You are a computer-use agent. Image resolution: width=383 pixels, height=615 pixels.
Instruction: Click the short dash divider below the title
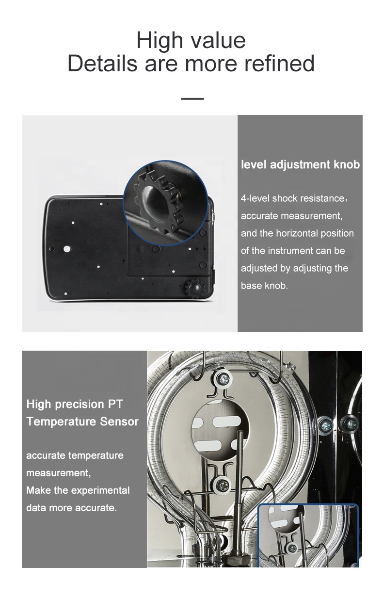point(192,98)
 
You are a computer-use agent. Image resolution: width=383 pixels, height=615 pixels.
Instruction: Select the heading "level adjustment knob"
point(300,164)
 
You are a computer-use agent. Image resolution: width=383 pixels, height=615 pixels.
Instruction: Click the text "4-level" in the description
point(255,198)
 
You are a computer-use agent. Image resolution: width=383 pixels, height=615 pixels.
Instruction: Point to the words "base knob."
point(264,286)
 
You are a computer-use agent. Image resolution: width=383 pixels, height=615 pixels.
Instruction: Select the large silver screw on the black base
point(67,249)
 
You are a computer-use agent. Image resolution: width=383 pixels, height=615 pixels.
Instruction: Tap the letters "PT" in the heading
point(116,404)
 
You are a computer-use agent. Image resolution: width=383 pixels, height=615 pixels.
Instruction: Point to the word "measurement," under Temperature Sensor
point(58,473)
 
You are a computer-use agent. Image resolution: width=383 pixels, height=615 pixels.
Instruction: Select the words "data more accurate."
point(71,508)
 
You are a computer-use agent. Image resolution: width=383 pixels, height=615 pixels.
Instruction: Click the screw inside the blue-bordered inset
point(293,548)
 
